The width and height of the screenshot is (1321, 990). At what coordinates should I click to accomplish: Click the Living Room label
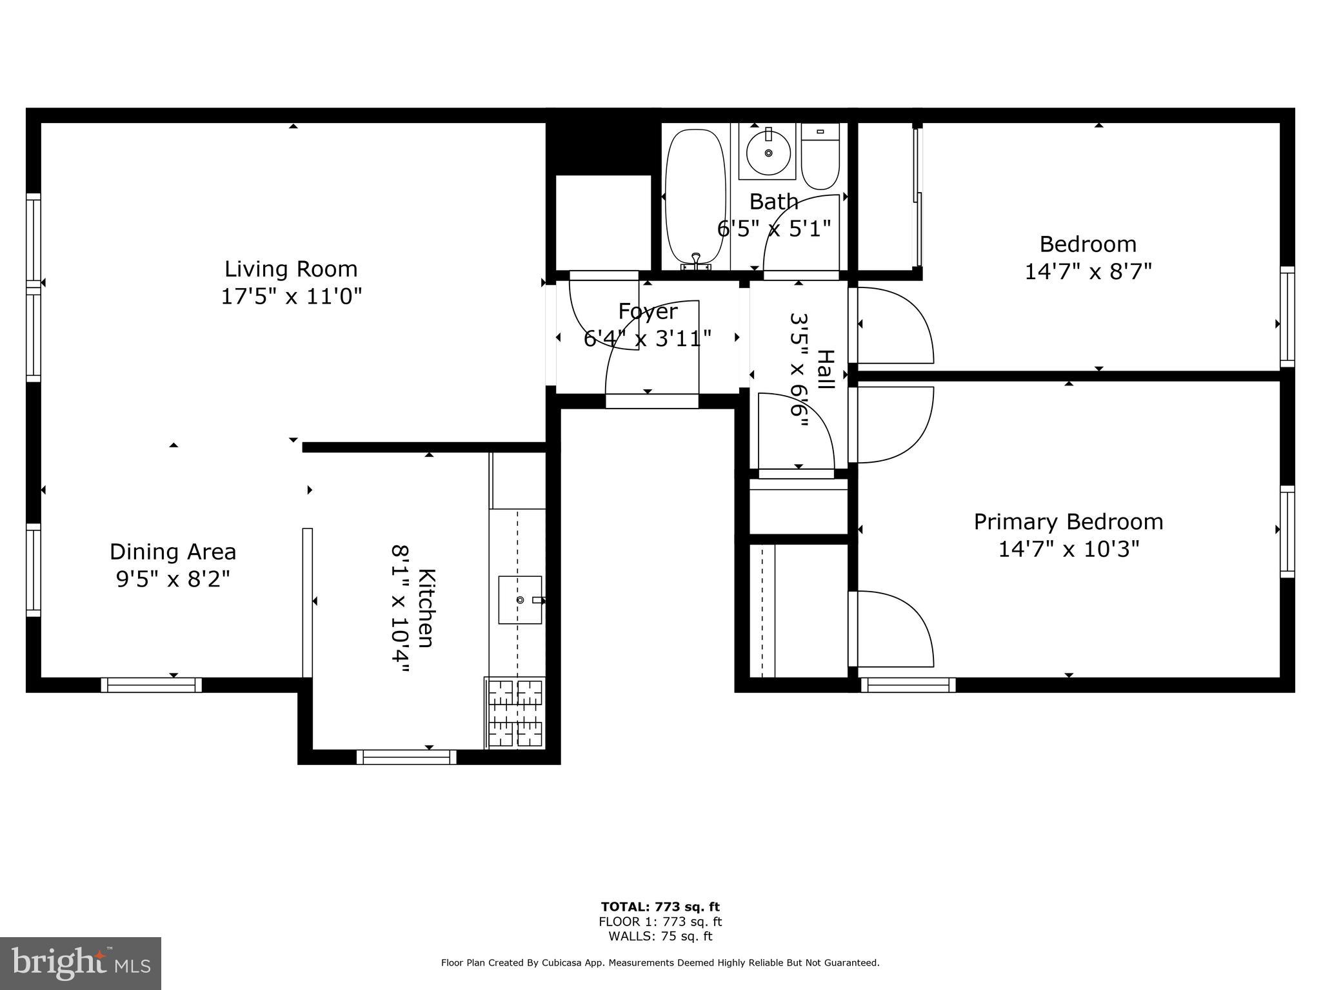tap(291, 269)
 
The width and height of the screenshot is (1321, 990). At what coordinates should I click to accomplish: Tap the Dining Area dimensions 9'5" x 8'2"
tap(173, 579)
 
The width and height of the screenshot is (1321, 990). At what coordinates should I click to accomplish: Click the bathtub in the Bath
tap(695, 200)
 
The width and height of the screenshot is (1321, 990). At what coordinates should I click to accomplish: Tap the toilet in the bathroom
tap(820, 157)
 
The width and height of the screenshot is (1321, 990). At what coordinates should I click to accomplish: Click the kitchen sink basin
tap(521, 600)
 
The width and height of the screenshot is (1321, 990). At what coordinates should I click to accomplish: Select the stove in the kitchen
tap(515, 713)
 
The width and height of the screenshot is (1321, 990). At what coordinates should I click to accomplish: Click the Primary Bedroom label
tap(1069, 521)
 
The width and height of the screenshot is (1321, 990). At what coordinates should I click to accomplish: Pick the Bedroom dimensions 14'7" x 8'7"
tap(1088, 271)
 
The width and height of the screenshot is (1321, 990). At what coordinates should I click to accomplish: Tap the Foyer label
tap(648, 311)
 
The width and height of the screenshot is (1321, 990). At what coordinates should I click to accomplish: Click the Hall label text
tap(826, 369)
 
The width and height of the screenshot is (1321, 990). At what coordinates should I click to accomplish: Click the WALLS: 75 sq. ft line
tap(660, 937)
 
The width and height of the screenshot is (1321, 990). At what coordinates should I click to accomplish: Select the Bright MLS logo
tap(81, 963)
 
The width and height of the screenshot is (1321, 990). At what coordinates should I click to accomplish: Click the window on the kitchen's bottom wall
tap(406, 757)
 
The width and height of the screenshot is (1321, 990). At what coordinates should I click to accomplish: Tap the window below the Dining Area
tap(152, 684)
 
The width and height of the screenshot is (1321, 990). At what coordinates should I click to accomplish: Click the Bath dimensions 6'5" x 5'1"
tap(774, 228)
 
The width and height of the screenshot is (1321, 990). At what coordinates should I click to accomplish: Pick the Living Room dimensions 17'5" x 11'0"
tap(291, 296)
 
